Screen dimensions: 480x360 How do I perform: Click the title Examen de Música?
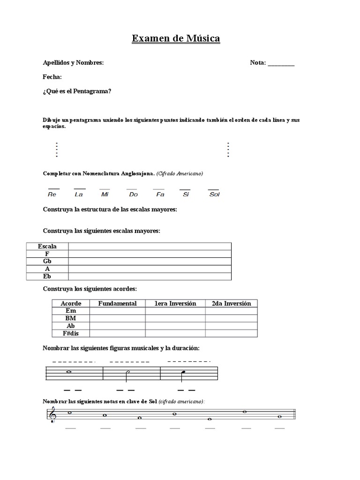176,38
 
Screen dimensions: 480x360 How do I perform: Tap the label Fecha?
52,77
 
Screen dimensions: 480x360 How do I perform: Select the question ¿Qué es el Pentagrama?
77,91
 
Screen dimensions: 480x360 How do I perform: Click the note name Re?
52,194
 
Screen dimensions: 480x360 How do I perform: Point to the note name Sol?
214,194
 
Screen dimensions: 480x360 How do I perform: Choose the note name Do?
133,194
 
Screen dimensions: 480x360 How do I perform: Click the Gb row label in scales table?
47,261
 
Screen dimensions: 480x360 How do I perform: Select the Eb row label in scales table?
47,276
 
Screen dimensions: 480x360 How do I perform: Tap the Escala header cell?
47,246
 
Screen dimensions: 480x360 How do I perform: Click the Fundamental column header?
117,303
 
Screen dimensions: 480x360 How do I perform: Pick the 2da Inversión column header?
231,303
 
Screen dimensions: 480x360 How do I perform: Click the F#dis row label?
71,333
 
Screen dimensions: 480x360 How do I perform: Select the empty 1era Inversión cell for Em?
175,311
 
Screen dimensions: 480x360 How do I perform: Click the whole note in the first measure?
69,373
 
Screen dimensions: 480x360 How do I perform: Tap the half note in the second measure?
127,373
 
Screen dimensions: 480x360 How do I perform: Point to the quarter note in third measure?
184,373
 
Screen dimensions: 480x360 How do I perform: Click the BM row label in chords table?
71,318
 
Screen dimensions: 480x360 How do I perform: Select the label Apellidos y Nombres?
73,63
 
